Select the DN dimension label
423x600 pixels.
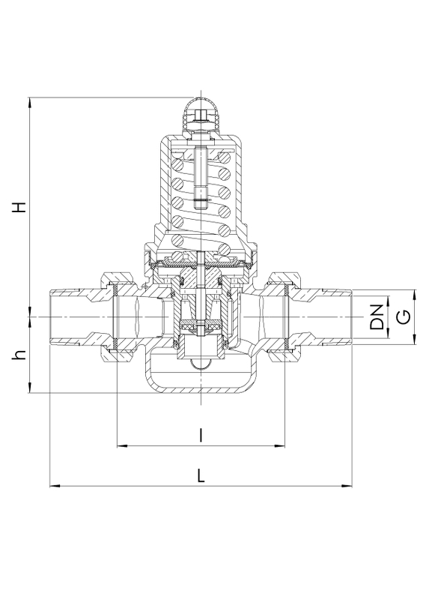(377, 317)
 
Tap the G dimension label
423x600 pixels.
(404, 317)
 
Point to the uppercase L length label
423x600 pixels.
(201, 475)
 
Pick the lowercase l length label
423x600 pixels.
(201, 436)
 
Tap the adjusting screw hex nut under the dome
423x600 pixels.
(201, 115)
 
